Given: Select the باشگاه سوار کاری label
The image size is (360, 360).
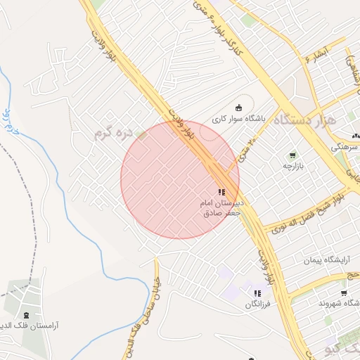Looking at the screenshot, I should (239, 119).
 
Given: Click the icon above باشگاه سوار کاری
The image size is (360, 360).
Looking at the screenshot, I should (239, 108).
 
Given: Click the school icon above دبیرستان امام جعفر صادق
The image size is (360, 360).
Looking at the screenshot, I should (221, 192).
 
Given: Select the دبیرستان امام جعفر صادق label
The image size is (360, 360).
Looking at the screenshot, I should (221, 207).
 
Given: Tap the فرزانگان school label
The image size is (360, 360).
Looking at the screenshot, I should (257, 304).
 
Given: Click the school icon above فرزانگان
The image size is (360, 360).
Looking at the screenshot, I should (257, 293).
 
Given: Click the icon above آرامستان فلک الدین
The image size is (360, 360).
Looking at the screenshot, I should (27, 315).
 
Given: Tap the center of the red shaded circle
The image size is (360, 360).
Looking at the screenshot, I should (179, 179).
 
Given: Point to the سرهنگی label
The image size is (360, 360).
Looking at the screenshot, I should (348, 147).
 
